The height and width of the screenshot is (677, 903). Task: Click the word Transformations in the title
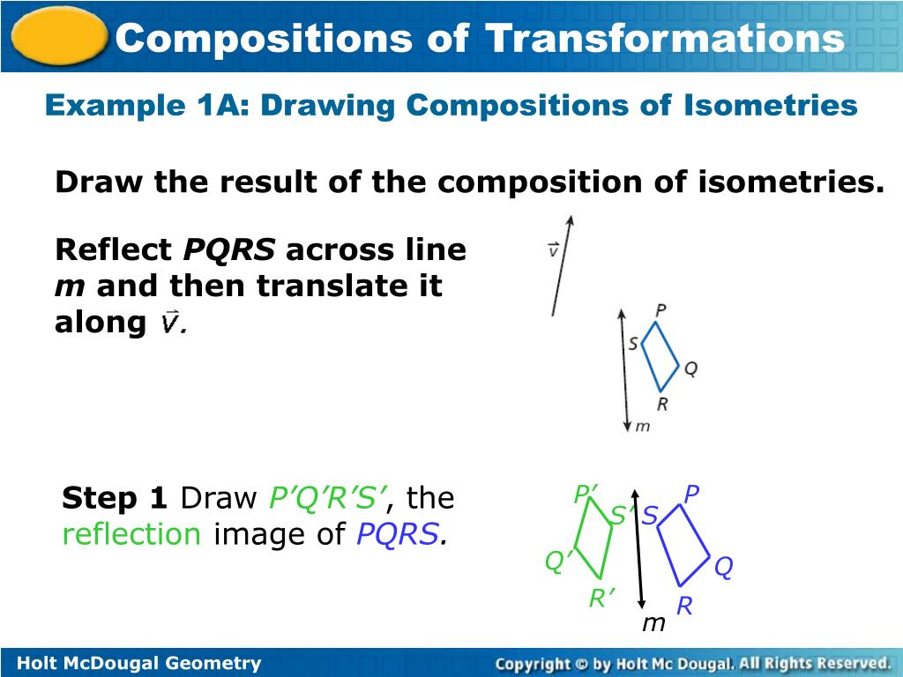(664, 38)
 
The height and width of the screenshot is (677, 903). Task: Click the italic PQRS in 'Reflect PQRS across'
(229, 250)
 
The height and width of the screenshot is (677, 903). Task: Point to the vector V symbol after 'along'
(171, 324)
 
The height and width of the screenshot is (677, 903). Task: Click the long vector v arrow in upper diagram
(562, 265)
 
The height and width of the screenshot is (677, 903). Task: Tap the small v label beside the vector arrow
(552, 250)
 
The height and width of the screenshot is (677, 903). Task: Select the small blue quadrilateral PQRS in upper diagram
(659, 357)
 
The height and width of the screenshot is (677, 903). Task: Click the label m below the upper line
(643, 427)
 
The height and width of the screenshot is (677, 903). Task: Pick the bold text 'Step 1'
(114, 499)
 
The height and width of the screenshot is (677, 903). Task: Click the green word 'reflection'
(131, 534)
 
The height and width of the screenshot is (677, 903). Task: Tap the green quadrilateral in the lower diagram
(596, 541)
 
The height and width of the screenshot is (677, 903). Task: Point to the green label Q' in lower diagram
(557, 561)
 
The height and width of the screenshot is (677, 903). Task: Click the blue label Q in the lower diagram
(723, 569)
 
